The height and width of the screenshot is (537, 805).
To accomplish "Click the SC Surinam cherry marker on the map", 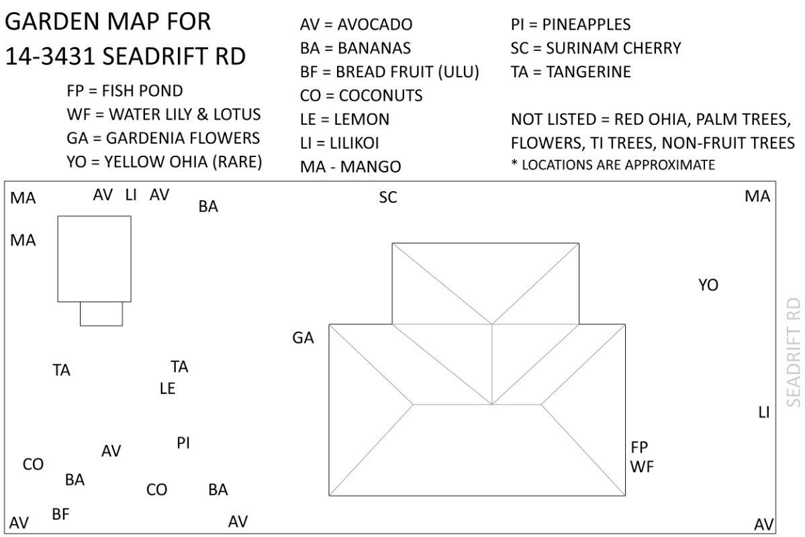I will (388, 197).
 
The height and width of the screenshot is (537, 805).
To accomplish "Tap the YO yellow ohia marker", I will (708, 285).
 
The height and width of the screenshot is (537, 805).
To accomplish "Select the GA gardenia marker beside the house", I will (303, 338).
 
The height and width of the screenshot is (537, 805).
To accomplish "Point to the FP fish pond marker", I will (639, 447).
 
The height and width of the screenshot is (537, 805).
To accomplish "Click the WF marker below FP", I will (643, 467).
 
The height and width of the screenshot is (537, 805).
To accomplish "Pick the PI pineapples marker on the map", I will (183, 443).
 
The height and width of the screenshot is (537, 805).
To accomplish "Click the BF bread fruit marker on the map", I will (60, 514).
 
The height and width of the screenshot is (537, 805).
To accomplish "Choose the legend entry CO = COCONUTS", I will (361, 95).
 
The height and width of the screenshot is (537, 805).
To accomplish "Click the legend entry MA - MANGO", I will (350, 166).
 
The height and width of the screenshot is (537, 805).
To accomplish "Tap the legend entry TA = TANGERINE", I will (571, 72).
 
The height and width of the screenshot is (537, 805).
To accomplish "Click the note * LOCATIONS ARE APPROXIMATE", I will (613, 164).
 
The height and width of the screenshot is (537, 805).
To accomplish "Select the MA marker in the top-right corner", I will (757, 197).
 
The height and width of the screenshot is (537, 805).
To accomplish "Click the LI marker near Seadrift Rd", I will (763, 412).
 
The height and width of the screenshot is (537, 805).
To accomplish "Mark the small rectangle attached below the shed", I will (101, 313).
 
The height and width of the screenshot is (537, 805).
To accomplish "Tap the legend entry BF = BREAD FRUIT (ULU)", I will (389, 72).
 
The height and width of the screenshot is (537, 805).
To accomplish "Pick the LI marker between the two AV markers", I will (131, 195).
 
